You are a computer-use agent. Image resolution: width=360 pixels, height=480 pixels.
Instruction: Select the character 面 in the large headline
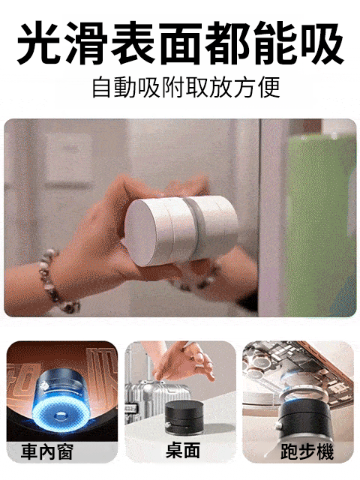pos(179,43)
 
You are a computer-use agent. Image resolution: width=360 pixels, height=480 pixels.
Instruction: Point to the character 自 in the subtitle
pos(101,87)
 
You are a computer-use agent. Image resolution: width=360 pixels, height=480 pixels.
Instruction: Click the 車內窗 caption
pos(46,451)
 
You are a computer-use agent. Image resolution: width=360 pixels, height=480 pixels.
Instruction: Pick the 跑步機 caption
pos(307,451)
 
